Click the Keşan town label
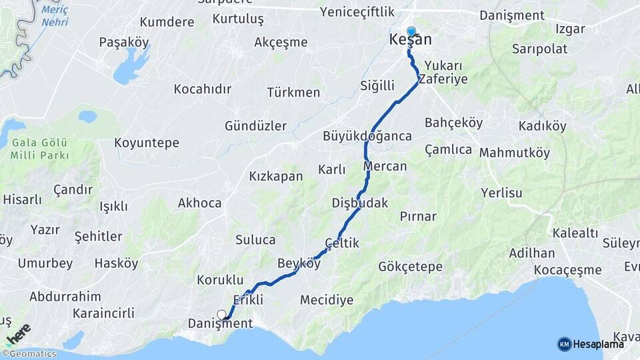(x=410, y=41)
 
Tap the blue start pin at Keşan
(x=411, y=31)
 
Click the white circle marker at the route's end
(x=221, y=315)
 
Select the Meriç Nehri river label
(x=55, y=16)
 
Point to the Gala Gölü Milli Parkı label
(x=39, y=150)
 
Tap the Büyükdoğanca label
(x=367, y=136)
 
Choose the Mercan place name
(x=385, y=166)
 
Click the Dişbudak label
(x=360, y=203)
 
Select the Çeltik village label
(x=342, y=244)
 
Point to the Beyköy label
(x=299, y=263)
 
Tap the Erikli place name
(x=248, y=299)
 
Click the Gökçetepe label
(x=410, y=267)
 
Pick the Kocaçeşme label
(x=567, y=270)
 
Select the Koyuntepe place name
(x=147, y=143)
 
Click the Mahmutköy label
(x=515, y=153)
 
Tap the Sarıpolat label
(x=539, y=49)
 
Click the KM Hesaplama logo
(x=591, y=344)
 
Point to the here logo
(x=19, y=333)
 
